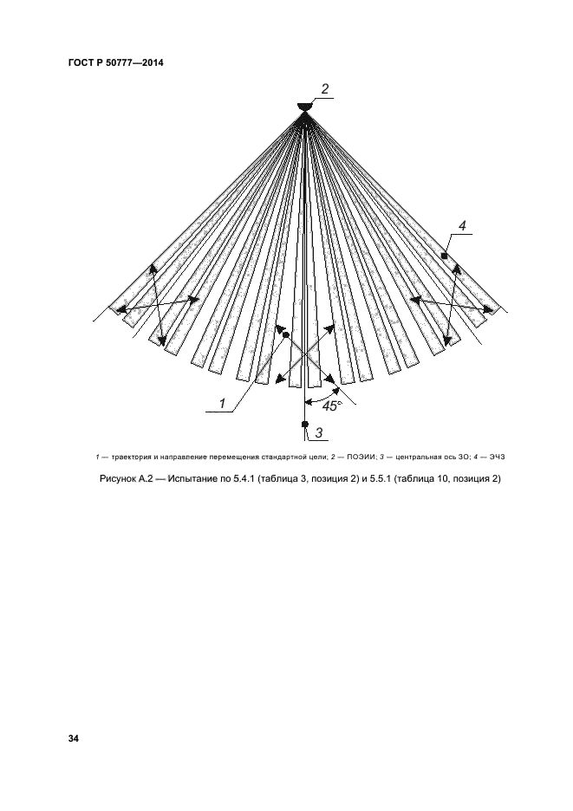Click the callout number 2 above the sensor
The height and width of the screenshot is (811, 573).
[324, 89]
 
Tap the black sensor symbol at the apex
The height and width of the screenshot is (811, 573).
[305, 107]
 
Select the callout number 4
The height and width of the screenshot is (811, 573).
[462, 225]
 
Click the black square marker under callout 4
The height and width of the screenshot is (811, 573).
[444, 256]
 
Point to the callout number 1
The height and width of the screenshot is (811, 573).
[223, 404]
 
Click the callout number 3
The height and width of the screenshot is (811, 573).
[319, 432]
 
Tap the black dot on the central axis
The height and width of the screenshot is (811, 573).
[305, 424]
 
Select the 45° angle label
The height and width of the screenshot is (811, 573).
[332, 406]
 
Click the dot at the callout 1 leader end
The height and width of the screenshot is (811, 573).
[285, 335]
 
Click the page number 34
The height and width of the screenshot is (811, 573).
[73, 738]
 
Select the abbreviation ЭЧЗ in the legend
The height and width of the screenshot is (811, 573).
[497, 457]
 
